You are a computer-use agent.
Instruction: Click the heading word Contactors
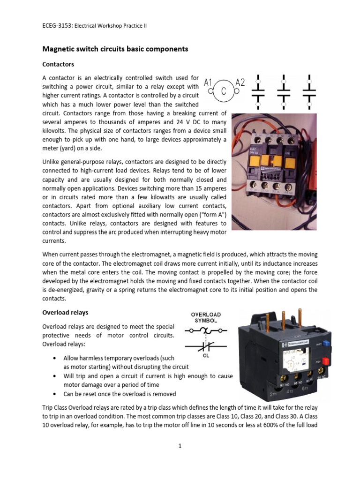58,64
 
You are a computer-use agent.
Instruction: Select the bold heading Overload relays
65,312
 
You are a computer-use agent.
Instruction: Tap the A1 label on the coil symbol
208,83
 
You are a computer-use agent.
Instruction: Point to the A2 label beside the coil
240,83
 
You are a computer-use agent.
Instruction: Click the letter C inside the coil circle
224,92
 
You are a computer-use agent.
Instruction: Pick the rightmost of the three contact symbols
309,89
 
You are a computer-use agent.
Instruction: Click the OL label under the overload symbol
205,356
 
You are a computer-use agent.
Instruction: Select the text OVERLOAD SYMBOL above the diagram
206,317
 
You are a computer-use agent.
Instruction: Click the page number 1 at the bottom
180,446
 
